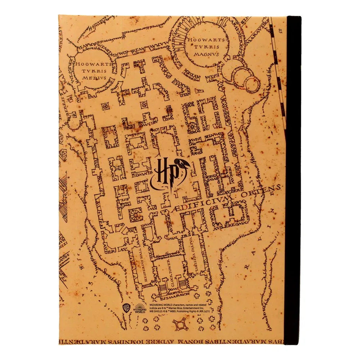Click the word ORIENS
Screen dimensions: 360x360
pos(264,191)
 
